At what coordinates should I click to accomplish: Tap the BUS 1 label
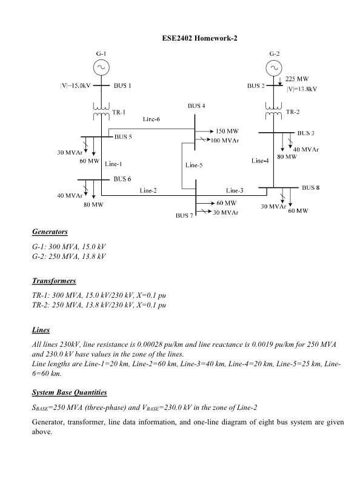click(122, 85)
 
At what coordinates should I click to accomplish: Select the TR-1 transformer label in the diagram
click(119, 112)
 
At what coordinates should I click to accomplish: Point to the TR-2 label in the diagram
click(293, 112)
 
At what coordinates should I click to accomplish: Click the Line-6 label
click(151, 119)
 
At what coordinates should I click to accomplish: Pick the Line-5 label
click(194, 165)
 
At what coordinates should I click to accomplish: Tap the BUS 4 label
click(196, 106)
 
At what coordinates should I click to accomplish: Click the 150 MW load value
click(227, 131)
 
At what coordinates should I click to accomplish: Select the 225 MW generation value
click(297, 79)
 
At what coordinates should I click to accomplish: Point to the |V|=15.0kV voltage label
click(75, 85)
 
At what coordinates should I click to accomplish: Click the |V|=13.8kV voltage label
click(302, 89)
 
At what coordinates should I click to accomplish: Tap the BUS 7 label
click(184, 215)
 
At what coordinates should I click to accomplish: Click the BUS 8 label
click(311, 188)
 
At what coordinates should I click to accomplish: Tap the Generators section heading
click(50, 232)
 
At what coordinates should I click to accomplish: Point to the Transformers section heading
click(54, 281)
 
